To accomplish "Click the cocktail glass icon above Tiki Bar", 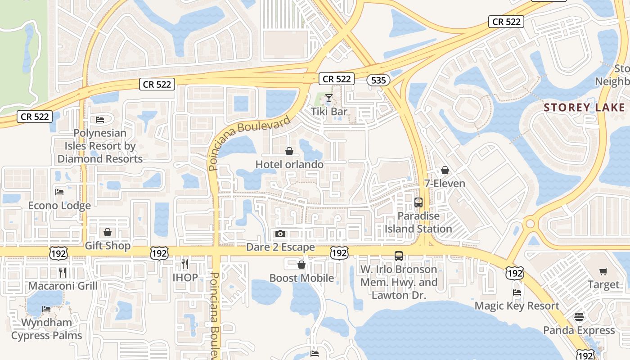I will pos(329,98).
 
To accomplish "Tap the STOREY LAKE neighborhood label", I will pos(584,108).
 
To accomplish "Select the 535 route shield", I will pos(378,80).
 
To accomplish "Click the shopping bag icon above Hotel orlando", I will pos(289,152).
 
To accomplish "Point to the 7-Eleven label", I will pos(445,184).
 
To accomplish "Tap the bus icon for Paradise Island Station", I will pos(418,202).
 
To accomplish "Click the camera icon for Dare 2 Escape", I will pos(280,234).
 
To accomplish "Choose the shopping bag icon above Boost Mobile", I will pos(301,265).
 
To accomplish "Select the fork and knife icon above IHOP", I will pos(185,264).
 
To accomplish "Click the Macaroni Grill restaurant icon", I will pos(63,272).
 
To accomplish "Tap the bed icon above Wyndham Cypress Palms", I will pos(46,309).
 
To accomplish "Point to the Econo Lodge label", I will pos(59,206).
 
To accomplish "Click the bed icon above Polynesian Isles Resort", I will pos(100,120).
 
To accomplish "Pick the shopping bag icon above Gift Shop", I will pos(108,232).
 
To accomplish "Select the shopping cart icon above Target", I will pos(603,271).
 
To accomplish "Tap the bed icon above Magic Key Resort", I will pos(517,293).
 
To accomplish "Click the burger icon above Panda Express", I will pos(579,317).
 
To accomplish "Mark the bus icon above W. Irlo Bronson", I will pos(399,256).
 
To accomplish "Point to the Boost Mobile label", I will pos(301,278).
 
